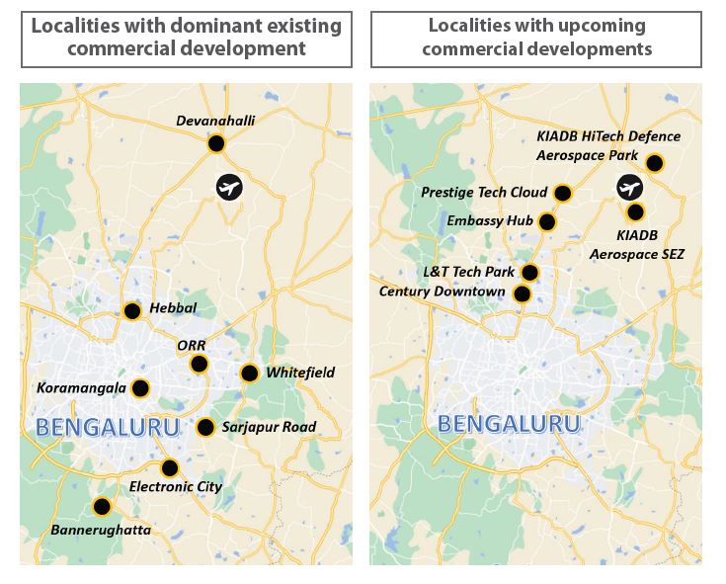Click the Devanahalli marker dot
tap(215, 144)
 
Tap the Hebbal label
tap(173, 308)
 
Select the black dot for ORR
tap(199, 365)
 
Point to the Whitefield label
tap(300, 373)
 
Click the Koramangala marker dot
tap(140, 388)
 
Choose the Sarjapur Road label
tap(270, 427)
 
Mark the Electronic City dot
tap(170, 468)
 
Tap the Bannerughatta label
tap(101, 531)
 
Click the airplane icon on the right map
tap(628, 187)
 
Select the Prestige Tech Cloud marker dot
tap(563, 193)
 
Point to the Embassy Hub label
tap(490, 220)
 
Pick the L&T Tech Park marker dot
tap(529, 273)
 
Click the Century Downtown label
tap(443, 292)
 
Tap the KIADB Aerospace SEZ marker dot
tap(635, 211)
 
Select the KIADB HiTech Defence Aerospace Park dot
tap(654, 163)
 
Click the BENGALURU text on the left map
tap(108, 427)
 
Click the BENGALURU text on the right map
tap(508, 424)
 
